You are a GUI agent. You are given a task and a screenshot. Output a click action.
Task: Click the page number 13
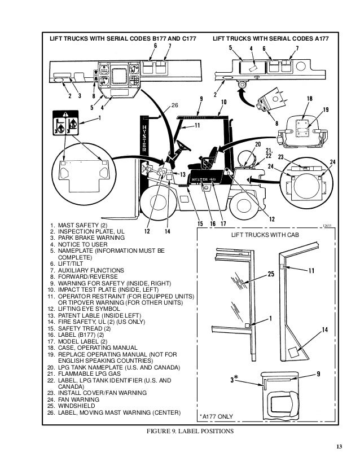[x=338, y=448]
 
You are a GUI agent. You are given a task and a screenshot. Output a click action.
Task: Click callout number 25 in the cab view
[x=271, y=275]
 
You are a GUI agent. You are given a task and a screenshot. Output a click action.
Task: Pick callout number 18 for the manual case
[x=310, y=99]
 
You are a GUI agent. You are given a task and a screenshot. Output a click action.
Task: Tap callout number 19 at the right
[x=326, y=109]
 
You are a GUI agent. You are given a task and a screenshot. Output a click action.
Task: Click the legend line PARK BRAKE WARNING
[x=89, y=238]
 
